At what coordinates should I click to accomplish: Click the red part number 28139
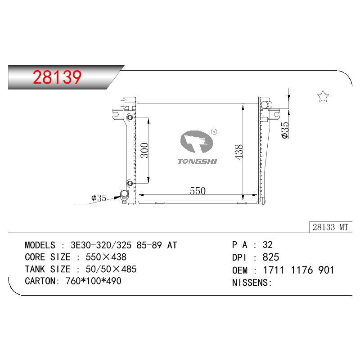57,77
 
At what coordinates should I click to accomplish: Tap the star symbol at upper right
323,96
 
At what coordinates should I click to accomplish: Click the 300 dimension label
144,150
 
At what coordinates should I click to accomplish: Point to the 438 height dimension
239,152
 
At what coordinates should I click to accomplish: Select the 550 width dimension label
198,191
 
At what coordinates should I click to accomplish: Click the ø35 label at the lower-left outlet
99,198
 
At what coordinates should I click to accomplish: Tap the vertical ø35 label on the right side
285,130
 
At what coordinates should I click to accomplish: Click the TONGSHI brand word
197,162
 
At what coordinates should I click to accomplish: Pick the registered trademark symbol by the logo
214,131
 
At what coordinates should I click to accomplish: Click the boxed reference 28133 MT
330,227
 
